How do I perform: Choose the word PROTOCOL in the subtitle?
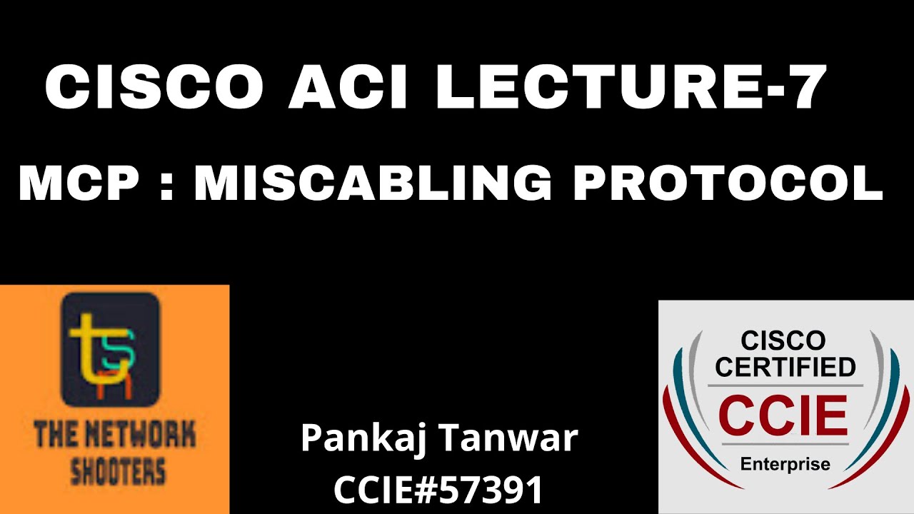(x=728, y=183)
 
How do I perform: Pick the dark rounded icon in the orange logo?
(x=110, y=349)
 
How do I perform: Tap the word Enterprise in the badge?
(x=785, y=464)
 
